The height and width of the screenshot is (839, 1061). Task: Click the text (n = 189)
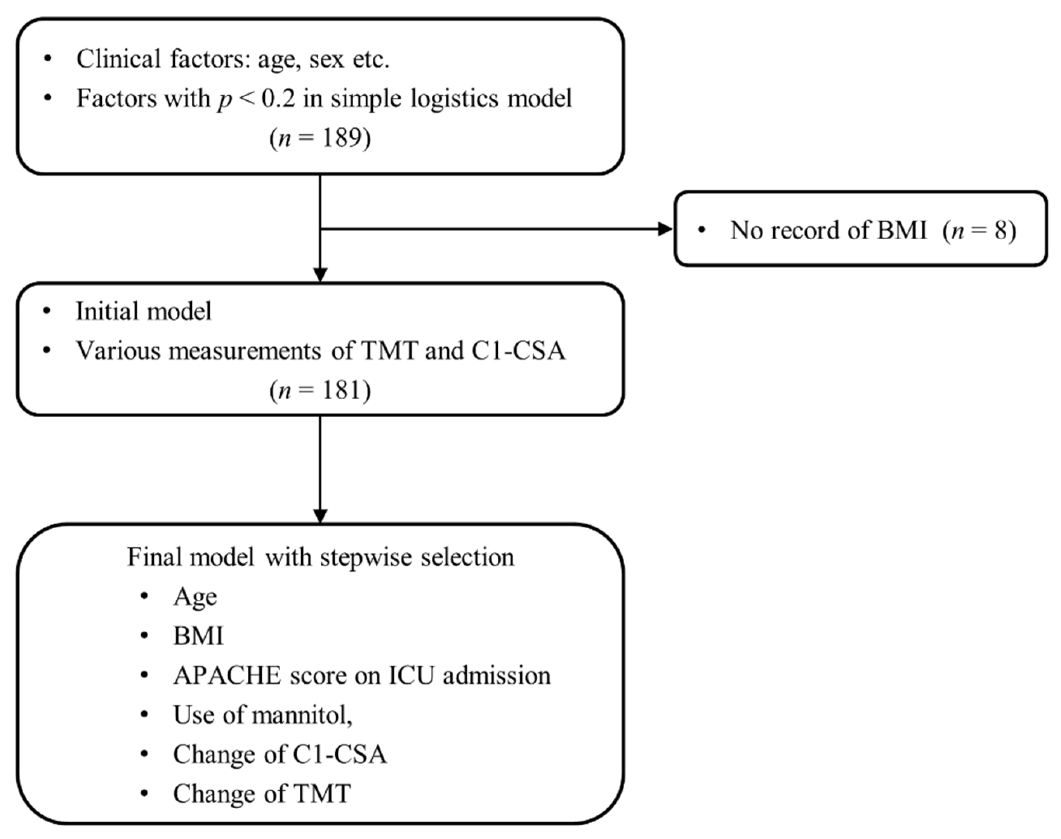point(320,138)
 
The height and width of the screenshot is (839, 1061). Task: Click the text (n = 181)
point(320,390)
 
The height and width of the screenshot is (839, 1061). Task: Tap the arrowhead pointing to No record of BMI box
point(665,229)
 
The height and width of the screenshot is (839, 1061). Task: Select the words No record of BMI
point(828,230)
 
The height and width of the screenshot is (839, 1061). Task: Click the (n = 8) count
point(979,230)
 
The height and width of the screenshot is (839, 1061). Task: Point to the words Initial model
point(143,312)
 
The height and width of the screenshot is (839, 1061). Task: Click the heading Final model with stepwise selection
point(320,557)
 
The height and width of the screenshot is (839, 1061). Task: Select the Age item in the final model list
point(195,597)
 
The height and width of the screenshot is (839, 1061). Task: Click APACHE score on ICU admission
point(362,675)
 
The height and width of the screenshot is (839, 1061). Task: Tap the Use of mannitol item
point(263,715)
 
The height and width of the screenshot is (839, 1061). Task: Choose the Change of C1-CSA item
point(280,754)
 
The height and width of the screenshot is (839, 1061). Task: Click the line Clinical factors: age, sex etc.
point(233,59)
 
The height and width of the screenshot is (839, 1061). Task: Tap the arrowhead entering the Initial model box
point(320,275)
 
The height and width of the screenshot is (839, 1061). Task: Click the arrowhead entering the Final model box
point(320,516)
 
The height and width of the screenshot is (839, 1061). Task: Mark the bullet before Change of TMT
point(144,793)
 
